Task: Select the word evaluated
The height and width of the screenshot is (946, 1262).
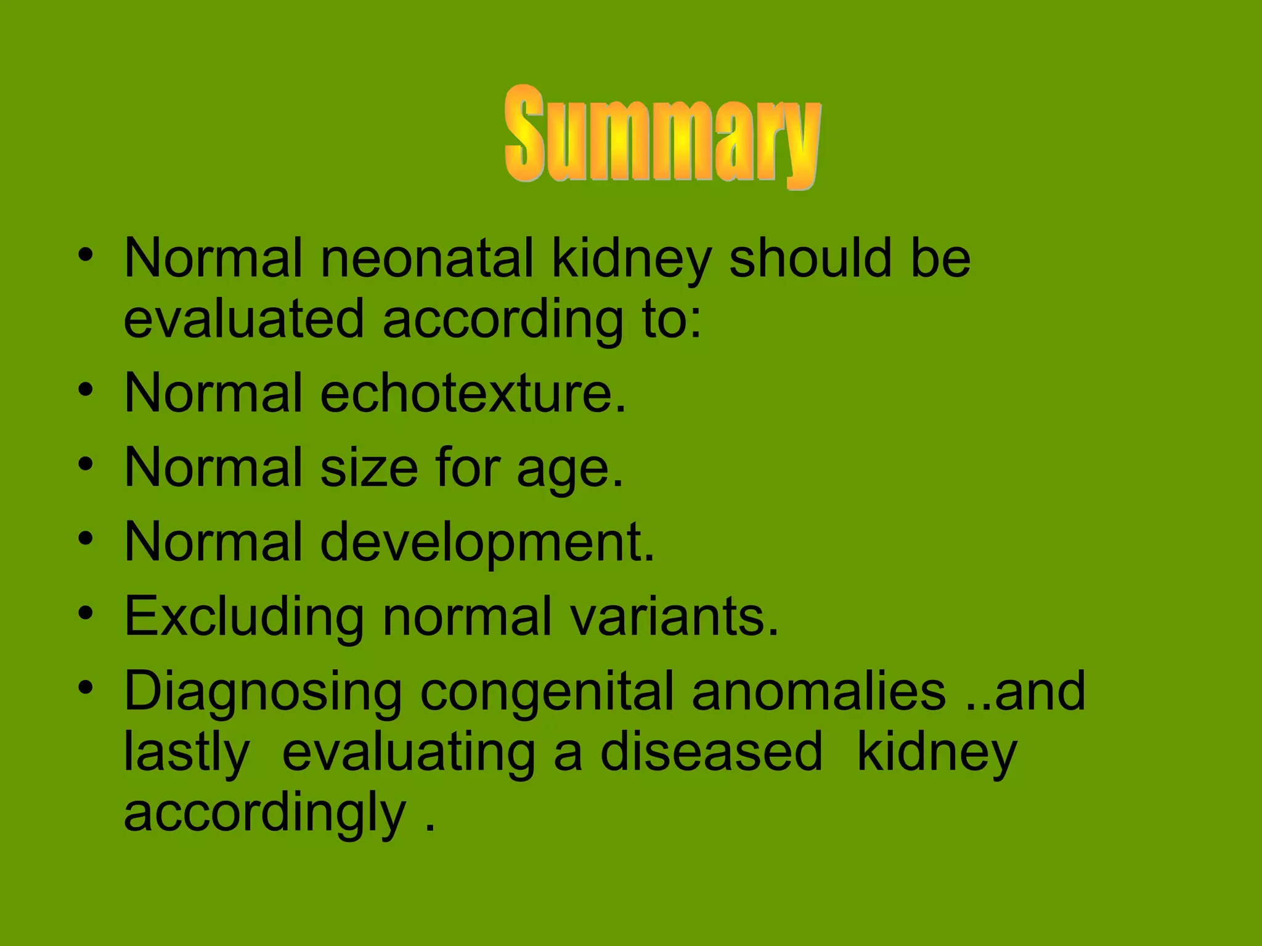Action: click(x=244, y=319)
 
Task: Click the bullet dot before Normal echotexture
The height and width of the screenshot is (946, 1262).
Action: click(x=86, y=390)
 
